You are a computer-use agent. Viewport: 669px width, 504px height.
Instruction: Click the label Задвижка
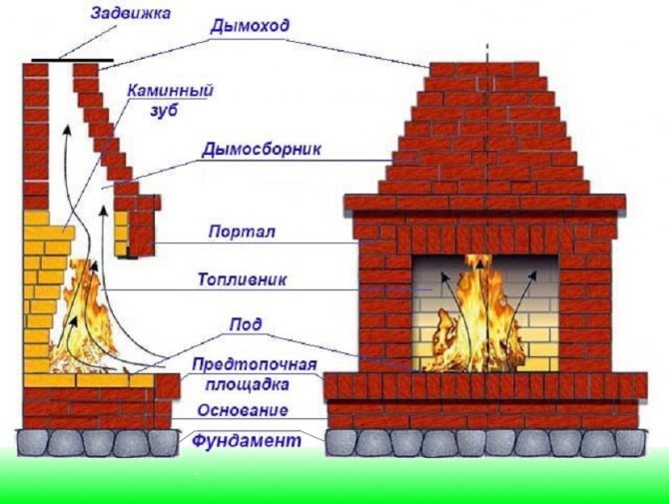[131, 12]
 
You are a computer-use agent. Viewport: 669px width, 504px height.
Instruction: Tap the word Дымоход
[250, 26]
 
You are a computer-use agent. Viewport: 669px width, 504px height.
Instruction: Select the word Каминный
[170, 91]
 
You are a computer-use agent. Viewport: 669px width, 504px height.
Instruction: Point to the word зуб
[164, 111]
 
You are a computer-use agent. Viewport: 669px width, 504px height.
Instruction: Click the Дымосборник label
[262, 150]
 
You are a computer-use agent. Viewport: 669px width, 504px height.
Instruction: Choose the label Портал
[242, 232]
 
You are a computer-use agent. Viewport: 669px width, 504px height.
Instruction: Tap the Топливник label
[242, 279]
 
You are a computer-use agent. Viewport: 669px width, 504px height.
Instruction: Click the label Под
[245, 325]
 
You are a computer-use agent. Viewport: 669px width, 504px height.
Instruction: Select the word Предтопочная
[255, 365]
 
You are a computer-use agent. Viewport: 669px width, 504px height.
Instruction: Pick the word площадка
[248, 384]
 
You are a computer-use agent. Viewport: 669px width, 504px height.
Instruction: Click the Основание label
[243, 410]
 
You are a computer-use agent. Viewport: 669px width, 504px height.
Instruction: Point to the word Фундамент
[247, 440]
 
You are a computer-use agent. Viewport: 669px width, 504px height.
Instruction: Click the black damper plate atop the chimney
[73, 61]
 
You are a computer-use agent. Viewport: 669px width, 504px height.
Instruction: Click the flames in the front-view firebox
[478, 315]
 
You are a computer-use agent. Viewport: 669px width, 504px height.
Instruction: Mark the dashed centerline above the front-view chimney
[487, 53]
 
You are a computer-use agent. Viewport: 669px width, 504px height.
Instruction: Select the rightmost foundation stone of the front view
[629, 442]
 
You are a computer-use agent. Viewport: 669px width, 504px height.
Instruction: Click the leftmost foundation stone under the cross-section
[32, 442]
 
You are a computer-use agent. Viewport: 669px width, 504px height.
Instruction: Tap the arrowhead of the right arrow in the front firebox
[532, 276]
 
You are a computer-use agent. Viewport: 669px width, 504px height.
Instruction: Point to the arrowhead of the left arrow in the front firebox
[445, 278]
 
